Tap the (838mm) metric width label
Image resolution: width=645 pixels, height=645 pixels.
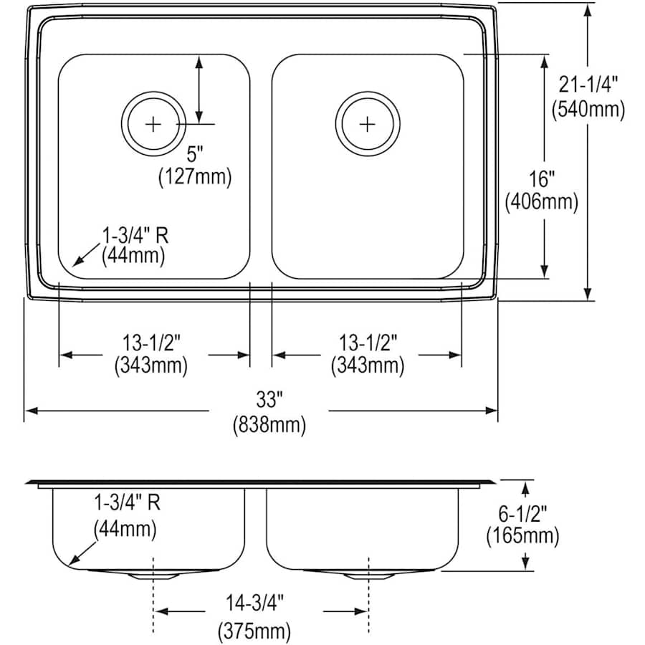point(269,425)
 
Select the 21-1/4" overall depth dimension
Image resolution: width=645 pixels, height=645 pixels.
point(588,85)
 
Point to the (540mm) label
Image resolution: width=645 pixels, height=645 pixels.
point(588,110)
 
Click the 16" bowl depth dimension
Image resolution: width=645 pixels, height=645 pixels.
point(542,177)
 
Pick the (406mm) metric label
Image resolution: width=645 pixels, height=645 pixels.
point(542,202)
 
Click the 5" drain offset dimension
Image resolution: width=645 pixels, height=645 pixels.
point(196,153)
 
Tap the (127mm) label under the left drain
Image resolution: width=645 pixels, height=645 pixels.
point(196,177)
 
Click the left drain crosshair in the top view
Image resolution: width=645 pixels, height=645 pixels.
point(153,124)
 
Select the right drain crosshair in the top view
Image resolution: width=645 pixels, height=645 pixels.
point(367,124)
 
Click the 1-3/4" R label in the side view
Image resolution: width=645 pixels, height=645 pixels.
point(125,502)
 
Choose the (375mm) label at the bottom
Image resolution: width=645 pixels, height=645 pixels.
point(254,631)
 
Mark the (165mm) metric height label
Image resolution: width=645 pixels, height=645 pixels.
point(522,535)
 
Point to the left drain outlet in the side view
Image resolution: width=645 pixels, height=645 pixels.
point(153,575)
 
